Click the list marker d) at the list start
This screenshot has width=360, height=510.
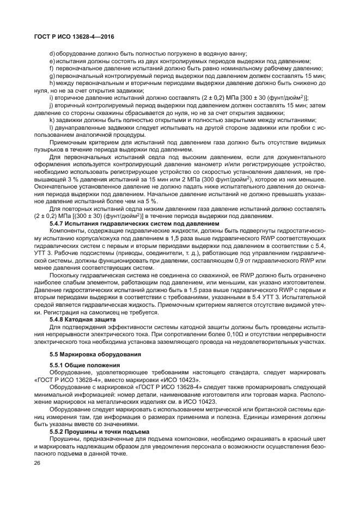(52, 54)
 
